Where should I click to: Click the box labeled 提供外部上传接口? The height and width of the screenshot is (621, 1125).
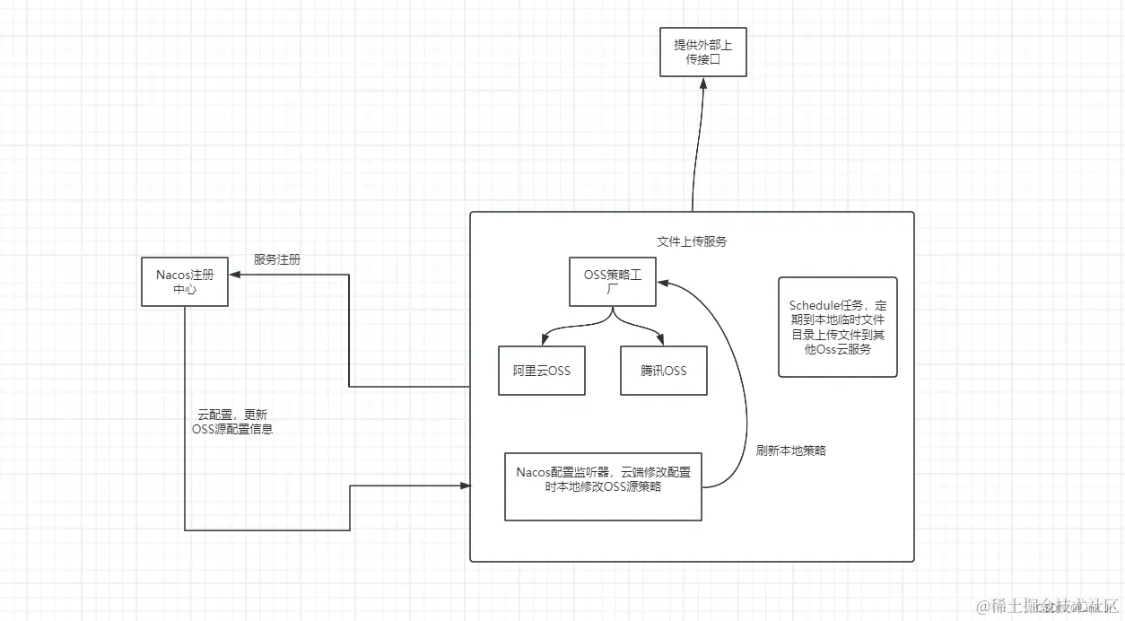702,52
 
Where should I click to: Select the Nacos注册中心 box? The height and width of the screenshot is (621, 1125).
185,282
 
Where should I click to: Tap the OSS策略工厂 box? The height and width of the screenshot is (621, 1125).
613,283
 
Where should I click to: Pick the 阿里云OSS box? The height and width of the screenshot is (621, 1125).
541,371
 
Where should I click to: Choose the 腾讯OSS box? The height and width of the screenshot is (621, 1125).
664,371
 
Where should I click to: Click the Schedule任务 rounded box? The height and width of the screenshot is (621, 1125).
837,327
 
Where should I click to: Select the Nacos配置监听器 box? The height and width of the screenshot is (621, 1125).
603,485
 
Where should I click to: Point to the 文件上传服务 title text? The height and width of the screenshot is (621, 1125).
692,241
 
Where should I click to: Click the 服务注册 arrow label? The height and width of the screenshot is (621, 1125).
277,259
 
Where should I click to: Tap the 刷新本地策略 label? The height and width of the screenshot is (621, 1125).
790,450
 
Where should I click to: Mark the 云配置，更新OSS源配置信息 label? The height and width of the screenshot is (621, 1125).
232,422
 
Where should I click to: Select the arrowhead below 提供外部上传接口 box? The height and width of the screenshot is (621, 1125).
702,83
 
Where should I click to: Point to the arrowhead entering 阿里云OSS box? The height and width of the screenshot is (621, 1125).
544,341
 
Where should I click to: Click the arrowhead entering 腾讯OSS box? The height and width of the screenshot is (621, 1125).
662,341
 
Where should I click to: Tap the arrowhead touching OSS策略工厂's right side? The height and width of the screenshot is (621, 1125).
662,282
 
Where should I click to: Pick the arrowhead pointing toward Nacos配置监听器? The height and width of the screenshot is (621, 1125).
465,485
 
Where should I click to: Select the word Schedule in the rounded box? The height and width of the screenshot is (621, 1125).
815,306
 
